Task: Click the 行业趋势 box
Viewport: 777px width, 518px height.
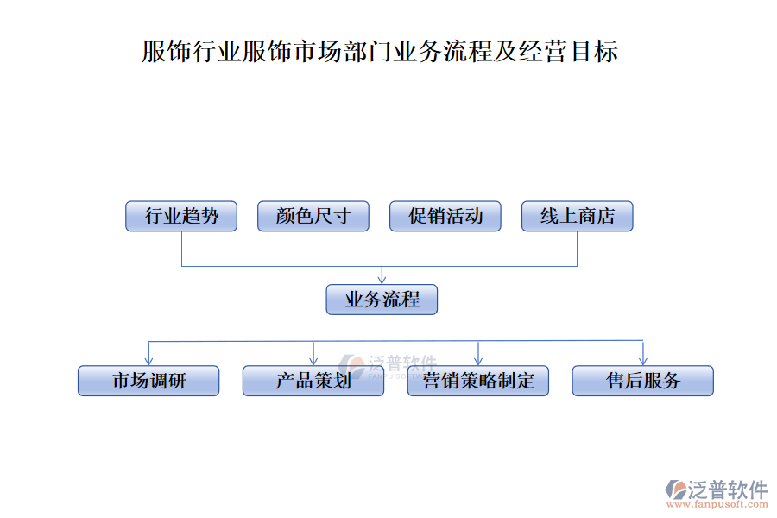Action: (181, 216)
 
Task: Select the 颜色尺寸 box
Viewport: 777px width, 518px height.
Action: (313, 216)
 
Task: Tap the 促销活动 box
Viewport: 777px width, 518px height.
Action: (445, 216)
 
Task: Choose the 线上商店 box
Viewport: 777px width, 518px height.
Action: (578, 216)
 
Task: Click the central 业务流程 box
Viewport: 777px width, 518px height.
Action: (382, 300)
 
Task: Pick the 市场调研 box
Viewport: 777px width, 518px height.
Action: (148, 381)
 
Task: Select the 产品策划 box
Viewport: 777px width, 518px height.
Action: (313, 381)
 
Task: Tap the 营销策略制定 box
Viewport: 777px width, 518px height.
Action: (478, 381)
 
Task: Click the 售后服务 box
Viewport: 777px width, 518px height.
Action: (643, 381)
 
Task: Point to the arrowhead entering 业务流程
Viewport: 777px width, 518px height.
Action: (382, 280)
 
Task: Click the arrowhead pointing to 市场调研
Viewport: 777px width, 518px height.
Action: (148, 360)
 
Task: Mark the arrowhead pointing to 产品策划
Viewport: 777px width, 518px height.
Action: (313, 360)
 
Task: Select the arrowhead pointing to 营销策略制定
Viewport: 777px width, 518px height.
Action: (478, 360)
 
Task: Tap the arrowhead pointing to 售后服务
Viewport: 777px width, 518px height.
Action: (643, 360)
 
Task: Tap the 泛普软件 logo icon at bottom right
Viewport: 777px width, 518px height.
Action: (675, 490)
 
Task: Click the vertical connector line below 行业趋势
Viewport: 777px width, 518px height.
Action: (181, 249)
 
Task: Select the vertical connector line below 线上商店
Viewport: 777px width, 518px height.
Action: (578, 249)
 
